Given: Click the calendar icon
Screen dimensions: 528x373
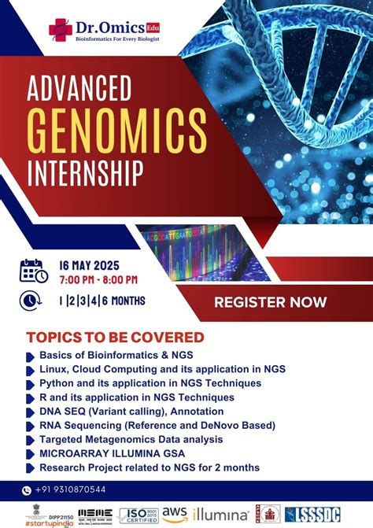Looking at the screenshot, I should coord(33,271).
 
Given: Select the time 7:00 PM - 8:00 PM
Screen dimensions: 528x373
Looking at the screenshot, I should coord(98,279).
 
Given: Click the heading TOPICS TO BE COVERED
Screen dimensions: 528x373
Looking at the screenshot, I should coord(115,337).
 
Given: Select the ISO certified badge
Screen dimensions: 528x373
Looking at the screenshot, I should coord(139,515).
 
